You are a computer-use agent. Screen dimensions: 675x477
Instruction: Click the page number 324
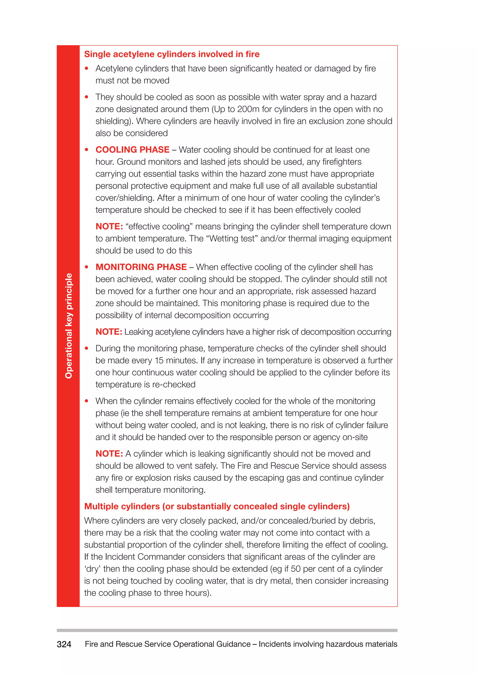pos(64,644)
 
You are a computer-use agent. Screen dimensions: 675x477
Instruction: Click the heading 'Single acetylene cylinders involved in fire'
pos(172,54)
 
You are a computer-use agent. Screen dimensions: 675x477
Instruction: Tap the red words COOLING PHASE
pos(133,150)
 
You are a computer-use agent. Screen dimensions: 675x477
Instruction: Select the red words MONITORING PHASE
pos(141,267)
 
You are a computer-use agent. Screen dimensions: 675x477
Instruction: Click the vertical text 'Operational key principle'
pos(68,326)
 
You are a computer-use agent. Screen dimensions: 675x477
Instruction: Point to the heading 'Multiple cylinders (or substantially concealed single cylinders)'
pos(217,506)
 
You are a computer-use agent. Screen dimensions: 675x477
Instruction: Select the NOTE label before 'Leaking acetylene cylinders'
pos(109,332)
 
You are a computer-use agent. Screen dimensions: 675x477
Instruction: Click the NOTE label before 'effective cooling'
pos(109,226)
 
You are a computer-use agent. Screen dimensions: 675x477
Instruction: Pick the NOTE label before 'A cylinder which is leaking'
pos(109,454)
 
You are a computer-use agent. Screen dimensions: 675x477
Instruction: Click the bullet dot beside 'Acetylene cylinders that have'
pos(86,69)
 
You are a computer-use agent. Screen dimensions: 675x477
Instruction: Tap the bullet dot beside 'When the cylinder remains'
pos(86,401)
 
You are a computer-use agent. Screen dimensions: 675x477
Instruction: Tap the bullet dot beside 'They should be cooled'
pos(86,97)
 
